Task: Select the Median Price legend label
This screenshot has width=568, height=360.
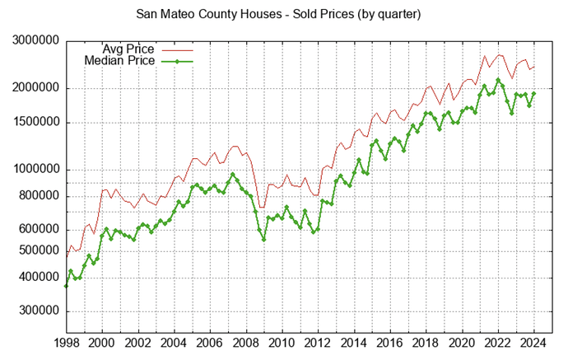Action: [x=120, y=60]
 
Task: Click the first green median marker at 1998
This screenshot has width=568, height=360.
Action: [x=66, y=285]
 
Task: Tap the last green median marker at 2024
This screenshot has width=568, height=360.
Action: [x=533, y=94]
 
